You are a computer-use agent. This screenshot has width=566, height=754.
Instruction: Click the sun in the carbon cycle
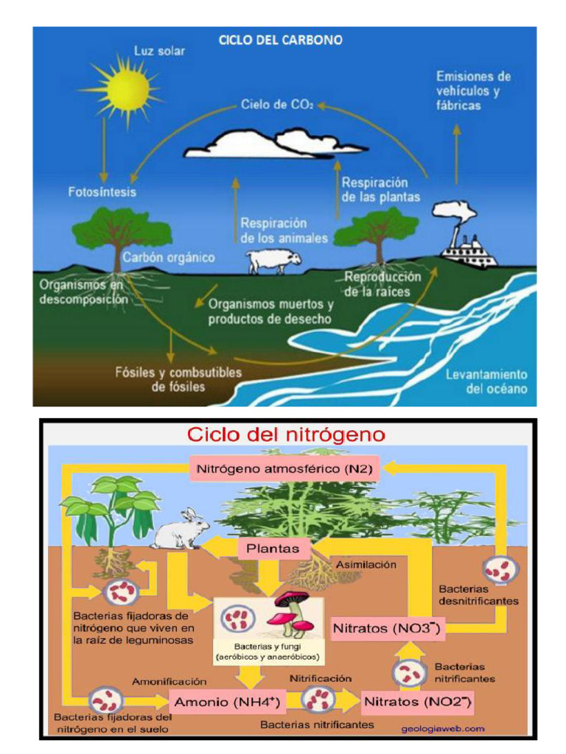[x=127, y=89]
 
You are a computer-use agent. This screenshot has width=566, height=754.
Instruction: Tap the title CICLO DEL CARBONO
[x=281, y=40]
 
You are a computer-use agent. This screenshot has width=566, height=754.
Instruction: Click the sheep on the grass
[x=273, y=261]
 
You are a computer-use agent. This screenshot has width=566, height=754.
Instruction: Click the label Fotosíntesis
[x=102, y=192]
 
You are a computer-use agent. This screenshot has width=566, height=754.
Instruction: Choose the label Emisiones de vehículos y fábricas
[x=472, y=91]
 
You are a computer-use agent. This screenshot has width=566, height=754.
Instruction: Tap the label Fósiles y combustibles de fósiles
[x=178, y=379]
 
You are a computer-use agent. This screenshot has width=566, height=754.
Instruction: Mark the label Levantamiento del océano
[x=486, y=381]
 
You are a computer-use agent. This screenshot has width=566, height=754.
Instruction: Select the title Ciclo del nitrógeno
[x=286, y=434]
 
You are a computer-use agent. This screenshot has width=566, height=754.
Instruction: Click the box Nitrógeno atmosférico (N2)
[x=284, y=468]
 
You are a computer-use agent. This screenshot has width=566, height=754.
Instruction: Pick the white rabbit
[x=181, y=529]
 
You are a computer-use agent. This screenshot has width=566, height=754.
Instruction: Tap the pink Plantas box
[x=273, y=548]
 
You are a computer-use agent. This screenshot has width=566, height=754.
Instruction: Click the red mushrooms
[x=290, y=614]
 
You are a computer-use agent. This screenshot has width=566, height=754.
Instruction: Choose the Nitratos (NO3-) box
[x=386, y=629]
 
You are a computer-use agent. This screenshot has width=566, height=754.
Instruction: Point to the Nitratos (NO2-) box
[x=417, y=702]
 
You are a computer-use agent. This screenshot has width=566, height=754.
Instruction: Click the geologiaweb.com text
[x=443, y=728]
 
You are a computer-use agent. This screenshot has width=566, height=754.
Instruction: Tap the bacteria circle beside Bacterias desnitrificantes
[x=501, y=569]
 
